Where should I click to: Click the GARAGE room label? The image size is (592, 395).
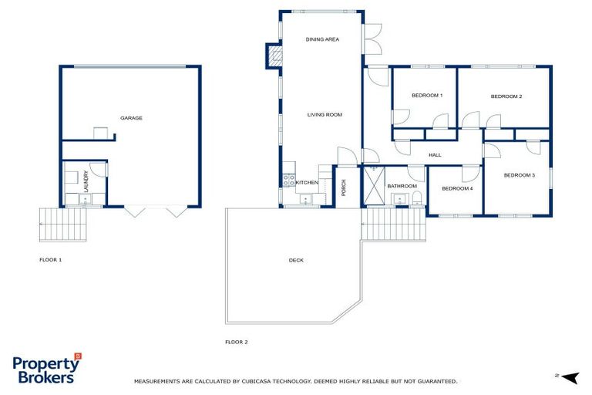pyautogui.click(x=131, y=118)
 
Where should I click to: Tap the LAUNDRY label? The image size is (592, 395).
pyautogui.click(x=85, y=182)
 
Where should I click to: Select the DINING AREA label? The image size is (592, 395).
pyautogui.click(x=322, y=39)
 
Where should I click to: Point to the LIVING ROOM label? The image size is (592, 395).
pyautogui.click(x=325, y=115)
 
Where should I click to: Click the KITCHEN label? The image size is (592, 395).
pyautogui.click(x=307, y=183)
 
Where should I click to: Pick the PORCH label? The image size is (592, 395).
pyautogui.click(x=344, y=187)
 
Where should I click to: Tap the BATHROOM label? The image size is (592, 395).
pyautogui.click(x=402, y=186)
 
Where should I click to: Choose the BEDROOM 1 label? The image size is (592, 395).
pyautogui.click(x=427, y=96)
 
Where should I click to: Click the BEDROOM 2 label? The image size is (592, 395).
pyautogui.click(x=506, y=96)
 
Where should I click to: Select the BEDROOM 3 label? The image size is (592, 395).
pyautogui.click(x=519, y=175)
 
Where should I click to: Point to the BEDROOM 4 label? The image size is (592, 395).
pyautogui.click(x=457, y=188)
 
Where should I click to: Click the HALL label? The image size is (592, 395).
pyautogui.click(x=435, y=155)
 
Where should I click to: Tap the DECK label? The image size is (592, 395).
pyautogui.click(x=296, y=260)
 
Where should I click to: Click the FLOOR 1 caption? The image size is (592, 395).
pyautogui.click(x=50, y=260)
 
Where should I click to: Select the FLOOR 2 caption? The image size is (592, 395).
pyautogui.click(x=236, y=342)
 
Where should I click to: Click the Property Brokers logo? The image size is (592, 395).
pyautogui.click(x=46, y=369)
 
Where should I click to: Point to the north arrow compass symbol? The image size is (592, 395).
pyautogui.click(x=569, y=376)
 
